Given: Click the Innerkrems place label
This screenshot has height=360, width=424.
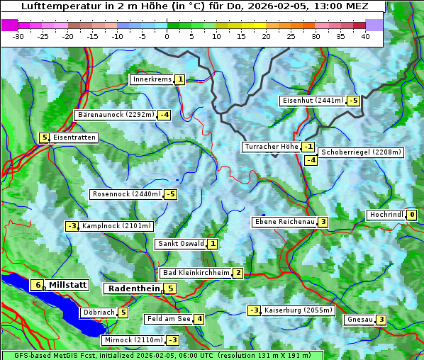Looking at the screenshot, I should pos(152,79).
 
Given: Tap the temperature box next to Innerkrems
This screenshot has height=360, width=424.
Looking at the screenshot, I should pos(180,79).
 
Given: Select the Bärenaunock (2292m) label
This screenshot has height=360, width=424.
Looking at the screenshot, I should pos(115,114).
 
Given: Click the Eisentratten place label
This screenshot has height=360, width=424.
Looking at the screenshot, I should pos(74,137).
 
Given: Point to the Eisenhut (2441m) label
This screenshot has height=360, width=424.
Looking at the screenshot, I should pos(313,101).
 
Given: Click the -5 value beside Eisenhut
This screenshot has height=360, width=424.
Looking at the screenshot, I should pos(353,101).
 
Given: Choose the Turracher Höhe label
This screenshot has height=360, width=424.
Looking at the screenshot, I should pos(271,147).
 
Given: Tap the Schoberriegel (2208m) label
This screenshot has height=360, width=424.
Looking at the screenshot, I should pos(361,152).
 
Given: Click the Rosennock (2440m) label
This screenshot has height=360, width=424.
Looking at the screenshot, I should pos(126,193).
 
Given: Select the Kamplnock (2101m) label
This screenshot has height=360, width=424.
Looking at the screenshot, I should pos(116,226).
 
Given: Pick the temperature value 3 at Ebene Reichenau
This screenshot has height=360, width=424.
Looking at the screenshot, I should pos(323,222).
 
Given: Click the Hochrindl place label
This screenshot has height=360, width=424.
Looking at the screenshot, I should pos(386,215).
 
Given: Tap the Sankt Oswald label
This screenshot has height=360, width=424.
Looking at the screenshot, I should pos(180,244).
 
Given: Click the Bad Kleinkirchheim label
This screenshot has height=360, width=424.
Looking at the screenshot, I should pos(196,273).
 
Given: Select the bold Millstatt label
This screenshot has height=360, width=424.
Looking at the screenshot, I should pos(67,285).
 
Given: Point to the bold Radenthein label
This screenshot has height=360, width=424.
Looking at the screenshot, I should pos(133,288).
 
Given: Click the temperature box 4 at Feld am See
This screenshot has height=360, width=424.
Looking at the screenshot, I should pos(200,319).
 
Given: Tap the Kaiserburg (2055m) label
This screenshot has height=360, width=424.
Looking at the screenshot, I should pos(293,310).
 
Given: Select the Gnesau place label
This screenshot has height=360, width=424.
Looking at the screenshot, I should pos(359,320).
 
